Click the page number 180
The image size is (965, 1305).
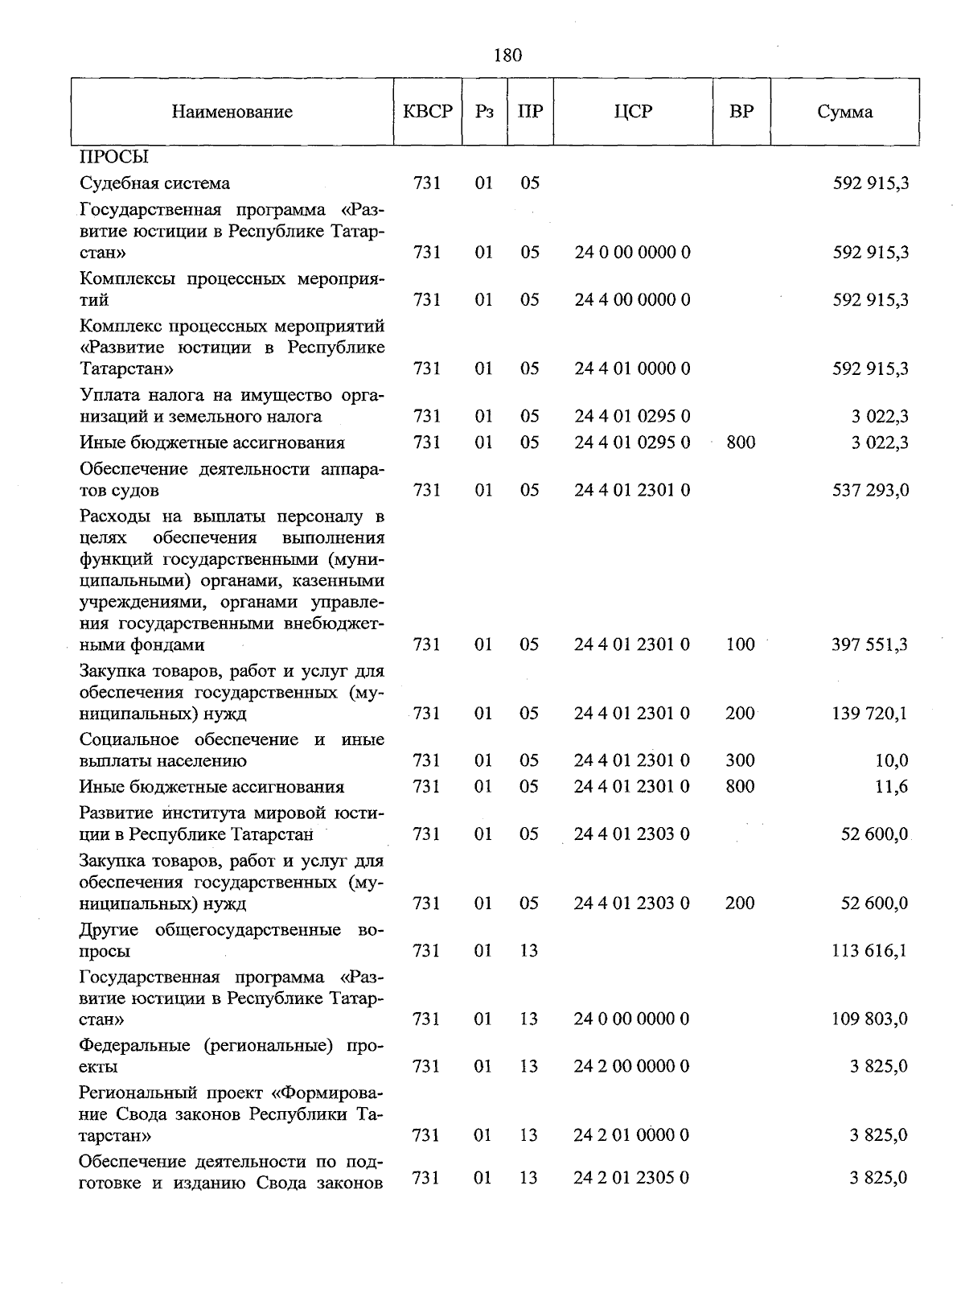(x=507, y=55)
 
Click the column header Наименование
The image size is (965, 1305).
(x=232, y=112)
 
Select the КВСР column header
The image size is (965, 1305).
(x=428, y=112)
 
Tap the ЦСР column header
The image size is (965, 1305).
(x=633, y=112)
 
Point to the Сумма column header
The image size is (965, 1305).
(x=844, y=112)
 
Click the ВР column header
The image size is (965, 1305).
(x=741, y=112)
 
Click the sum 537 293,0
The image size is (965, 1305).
(x=870, y=490)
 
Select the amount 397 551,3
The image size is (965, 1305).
(x=870, y=644)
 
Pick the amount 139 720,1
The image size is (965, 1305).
(x=870, y=713)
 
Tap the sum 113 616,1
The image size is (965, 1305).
(x=870, y=950)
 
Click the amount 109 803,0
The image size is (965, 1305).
(x=870, y=1019)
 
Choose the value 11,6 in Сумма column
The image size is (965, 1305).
(x=891, y=786)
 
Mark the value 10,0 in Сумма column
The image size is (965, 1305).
(x=891, y=760)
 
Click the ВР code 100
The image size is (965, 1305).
(x=740, y=644)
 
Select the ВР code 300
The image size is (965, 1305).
(x=740, y=760)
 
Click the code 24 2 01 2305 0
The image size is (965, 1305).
(x=632, y=1178)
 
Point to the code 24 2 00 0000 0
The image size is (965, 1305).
(x=632, y=1066)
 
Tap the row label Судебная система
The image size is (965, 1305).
(x=154, y=183)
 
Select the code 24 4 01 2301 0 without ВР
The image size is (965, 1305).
(x=632, y=490)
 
